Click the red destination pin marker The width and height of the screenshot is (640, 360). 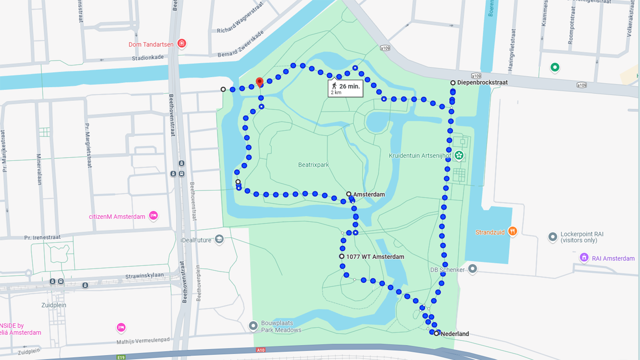(x=260, y=82)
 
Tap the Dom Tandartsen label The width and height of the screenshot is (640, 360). (x=151, y=44)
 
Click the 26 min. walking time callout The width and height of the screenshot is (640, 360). (x=346, y=89)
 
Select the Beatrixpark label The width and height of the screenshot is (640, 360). (x=313, y=165)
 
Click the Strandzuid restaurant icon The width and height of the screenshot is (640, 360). (x=512, y=231)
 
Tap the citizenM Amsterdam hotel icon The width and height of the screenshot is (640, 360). (x=153, y=216)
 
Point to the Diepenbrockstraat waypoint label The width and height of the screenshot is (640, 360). (x=482, y=82)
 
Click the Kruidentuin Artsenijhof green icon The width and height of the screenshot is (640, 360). (x=459, y=155)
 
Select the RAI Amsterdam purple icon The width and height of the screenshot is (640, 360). (x=584, y=258)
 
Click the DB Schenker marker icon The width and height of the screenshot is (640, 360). (x=472, y=268)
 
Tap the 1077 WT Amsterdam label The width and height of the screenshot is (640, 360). (x=375, y=257)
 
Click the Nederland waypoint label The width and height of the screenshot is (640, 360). (x=454, y=334)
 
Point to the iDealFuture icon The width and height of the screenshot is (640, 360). (x=219, y=239)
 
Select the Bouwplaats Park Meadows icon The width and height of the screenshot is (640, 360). (x=253, y=326)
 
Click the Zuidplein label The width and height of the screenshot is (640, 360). (x=54, y=305)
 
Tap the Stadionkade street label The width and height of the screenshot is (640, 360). (x=148, y=58)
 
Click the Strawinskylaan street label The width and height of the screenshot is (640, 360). (x=144, y=276)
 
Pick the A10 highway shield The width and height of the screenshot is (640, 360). (x=260, y=350)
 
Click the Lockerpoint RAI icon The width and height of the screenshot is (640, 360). (x=552, y=237)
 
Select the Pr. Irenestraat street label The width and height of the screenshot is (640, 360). (x=42, y=238)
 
